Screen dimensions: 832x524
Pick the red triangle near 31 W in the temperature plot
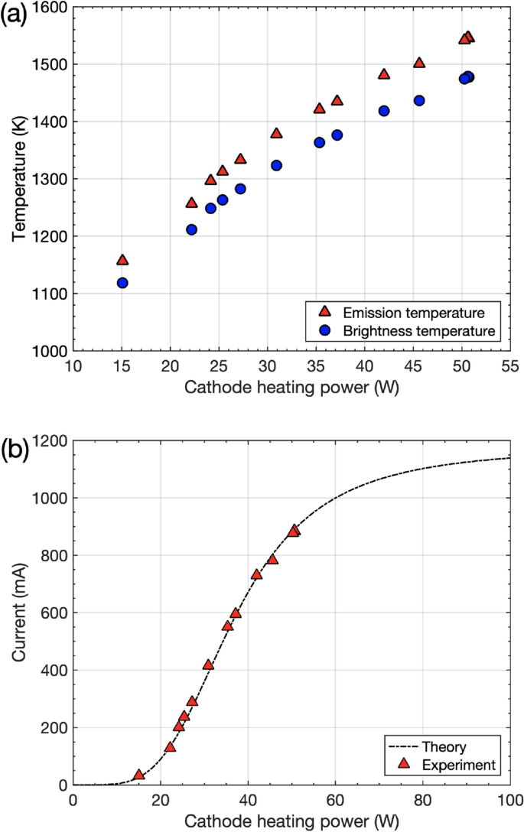276,134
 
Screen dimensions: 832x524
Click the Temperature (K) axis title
18,179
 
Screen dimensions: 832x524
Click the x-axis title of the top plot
291,387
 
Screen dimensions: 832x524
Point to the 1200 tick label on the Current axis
50,441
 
